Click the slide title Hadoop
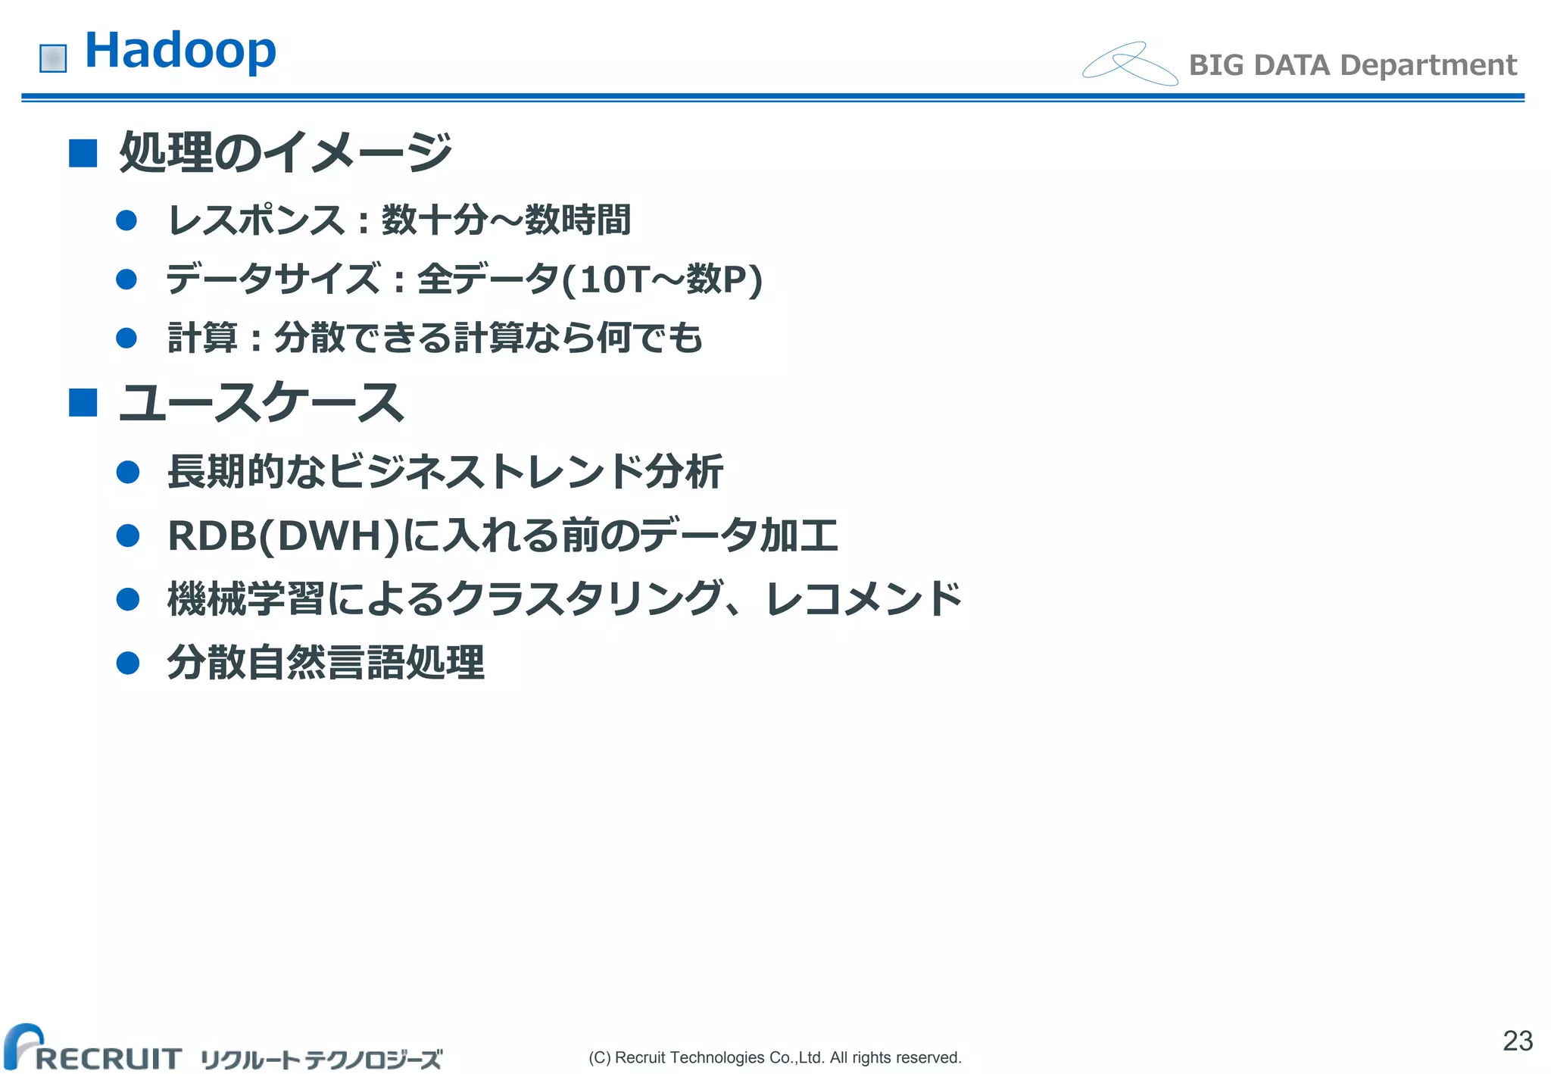coord(180,51)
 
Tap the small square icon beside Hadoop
coord(53,58)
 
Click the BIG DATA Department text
coord(1353,65)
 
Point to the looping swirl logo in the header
coord(1129,64)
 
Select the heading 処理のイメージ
coord(286,151)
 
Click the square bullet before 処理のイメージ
coord(83,153)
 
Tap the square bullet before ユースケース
coord(83,403)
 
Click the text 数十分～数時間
coord(506,220)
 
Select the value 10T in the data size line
coord(614,279)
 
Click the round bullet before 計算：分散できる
coord(126,338)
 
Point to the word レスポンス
coord(256,220)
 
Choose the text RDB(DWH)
coord(283,536)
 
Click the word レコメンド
coord(863,599)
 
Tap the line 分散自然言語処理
coord(326,663)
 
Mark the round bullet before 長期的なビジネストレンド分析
coord(128,473)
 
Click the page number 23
coord(1518,1041)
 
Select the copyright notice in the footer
coord(775,1057)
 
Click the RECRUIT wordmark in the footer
coord(108,1058)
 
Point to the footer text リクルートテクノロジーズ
coord(321,1059)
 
